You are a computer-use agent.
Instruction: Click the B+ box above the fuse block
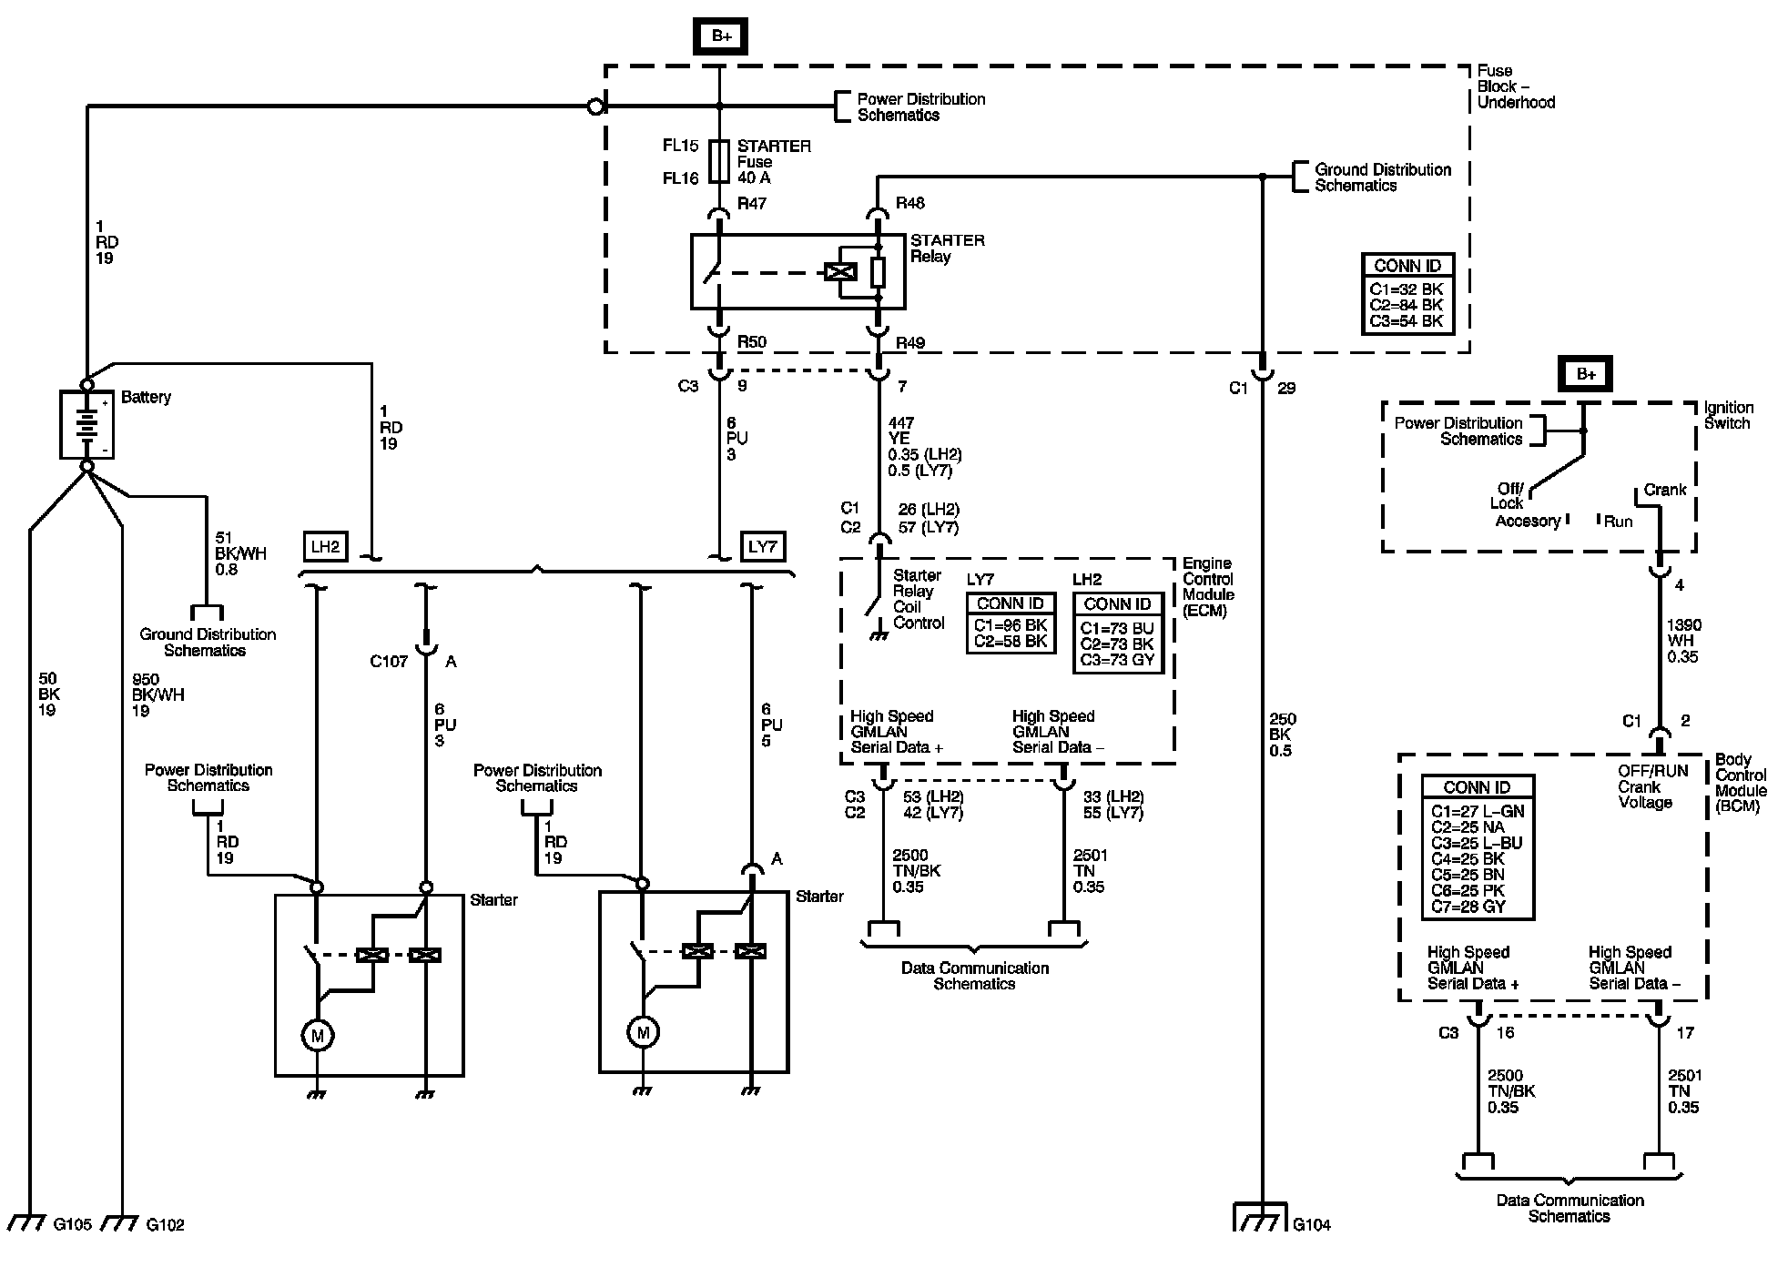coord(721,36)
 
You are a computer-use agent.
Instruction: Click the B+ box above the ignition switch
coord(1586,374)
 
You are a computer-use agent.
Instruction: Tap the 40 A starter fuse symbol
coord(719,162)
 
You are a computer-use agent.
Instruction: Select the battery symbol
coord(87,424)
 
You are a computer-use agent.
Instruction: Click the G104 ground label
coord(1312,1225)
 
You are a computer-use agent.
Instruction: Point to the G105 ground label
coord(73,1225)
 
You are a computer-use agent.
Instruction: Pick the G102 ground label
coord(165,1225)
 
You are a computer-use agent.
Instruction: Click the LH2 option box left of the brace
coord(325,546)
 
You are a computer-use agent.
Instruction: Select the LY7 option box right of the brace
coord(762,546)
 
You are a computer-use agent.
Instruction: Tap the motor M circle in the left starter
coord(318,1035)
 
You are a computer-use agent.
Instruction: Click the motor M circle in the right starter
coord(644,1032)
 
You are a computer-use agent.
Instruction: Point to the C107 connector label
coord(389,662)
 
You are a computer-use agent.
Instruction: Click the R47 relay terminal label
coord(751,203)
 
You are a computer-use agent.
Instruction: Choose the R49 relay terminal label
coord(909,343)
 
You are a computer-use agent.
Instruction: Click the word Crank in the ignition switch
coord(1665,490)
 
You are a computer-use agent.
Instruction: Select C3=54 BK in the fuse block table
coord(1406,321)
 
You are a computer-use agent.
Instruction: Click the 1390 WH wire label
coord(1683,633)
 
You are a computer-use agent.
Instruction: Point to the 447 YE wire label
coord(901,431)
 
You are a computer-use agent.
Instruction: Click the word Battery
coord(146,398)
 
